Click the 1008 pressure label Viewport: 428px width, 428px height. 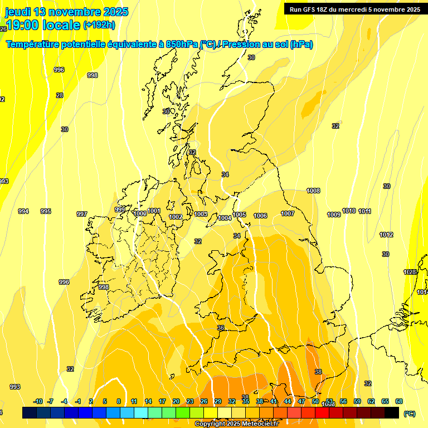click(313, 191)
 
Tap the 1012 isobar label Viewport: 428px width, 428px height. click(386, 235)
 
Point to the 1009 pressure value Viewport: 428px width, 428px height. click(334, 215)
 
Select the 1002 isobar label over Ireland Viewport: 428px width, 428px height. click(176, 217)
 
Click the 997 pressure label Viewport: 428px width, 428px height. click(82, 214)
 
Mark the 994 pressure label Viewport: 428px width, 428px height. click(23, 211)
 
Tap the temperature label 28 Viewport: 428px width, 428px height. click(60, 95)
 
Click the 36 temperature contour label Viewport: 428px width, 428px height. click(221, 328)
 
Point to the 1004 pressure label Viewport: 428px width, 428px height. click(225, 218)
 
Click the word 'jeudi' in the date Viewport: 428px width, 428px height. click(18, 12)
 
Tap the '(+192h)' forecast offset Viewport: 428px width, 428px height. click(99, 25)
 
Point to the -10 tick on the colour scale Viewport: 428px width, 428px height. click(38, 401)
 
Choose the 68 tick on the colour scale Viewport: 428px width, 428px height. click(399, 401)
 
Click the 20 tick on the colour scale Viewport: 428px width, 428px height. click(176, 401)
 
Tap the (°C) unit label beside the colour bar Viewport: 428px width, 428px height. click(409, 414)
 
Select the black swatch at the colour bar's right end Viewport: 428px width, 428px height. click(392, 412)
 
